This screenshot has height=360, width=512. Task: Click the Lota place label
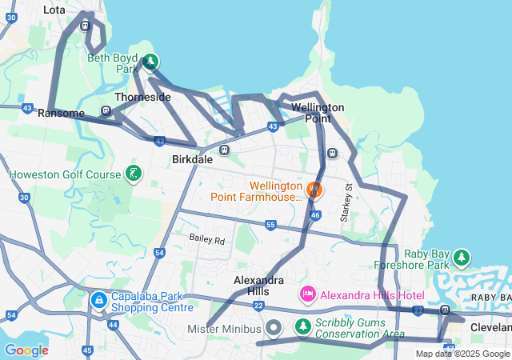(x=54, y=10)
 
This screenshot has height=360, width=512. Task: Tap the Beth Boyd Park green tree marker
(x=150, y=62)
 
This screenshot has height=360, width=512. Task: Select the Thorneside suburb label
(x=142, y=97)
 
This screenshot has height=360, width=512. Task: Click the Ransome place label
(x=61, y=114)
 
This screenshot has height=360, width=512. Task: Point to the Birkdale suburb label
(x=193, y=159)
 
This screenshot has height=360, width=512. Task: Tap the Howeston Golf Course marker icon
(x=134, y=174)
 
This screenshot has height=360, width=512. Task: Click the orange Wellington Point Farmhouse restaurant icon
(x=314, y=190)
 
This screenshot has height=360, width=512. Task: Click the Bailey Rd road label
(x=207, y=238)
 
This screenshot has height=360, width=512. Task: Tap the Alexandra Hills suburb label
(x=258, y=286)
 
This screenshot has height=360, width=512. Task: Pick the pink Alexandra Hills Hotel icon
(x=308, y=295)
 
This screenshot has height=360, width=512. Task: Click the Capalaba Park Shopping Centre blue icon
(x=98, y=301)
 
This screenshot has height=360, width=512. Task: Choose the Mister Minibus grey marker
(x=273, y=328)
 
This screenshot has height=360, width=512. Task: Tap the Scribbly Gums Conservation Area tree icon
(x=302, y=326)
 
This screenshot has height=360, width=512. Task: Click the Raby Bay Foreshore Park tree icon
(x=461, y=258)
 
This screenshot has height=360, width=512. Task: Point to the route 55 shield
(x=271, y=226)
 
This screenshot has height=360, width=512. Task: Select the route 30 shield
(x=24, y=197)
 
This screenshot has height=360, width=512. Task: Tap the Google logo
(x=26, y=350)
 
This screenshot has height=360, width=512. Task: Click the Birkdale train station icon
(x=225, y=150)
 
